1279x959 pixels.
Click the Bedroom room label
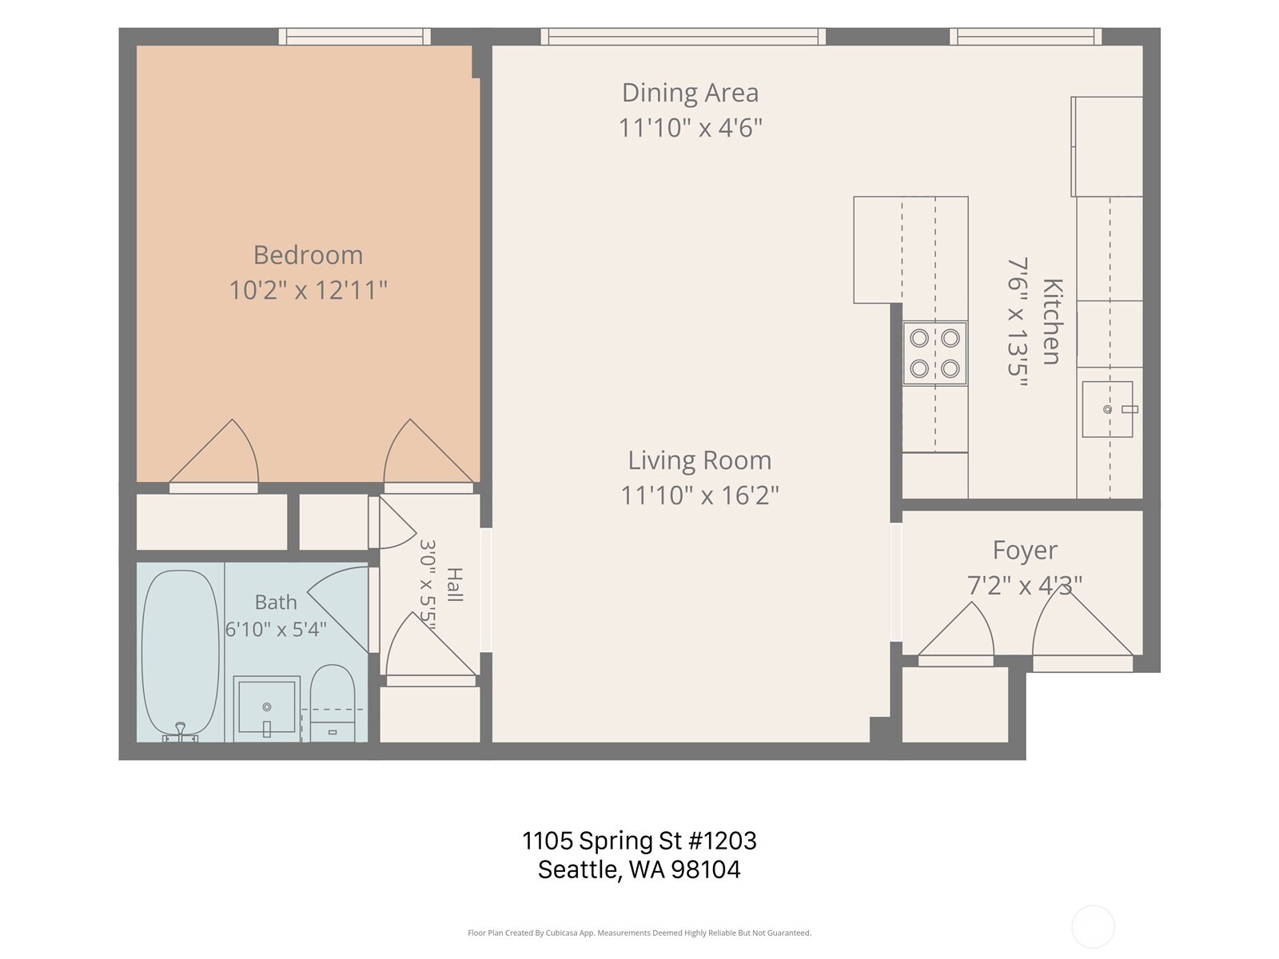(309, 256)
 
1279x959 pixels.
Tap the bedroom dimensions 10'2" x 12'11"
(309, 290)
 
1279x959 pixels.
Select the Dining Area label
(691, 94)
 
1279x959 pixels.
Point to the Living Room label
(699, 461)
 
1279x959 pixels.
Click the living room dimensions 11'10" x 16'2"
(699, 495)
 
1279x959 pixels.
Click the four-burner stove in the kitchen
(934, 353)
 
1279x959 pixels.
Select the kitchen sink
(1108, 409)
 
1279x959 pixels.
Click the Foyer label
(1025, 551)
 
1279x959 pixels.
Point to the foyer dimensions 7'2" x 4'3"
(1025, 585)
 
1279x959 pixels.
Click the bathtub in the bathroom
(181, 655)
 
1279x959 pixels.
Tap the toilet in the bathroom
(332, 703)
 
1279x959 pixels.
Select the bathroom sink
(267, 706)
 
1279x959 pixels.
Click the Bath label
(276, 602)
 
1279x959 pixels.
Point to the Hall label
(455, 585)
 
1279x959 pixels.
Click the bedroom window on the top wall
(354, 37)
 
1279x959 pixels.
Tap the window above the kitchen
(1026, 37)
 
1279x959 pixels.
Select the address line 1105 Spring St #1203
(639, 841)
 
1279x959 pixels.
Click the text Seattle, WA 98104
(639, 870)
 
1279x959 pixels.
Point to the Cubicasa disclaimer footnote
(639, 933)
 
